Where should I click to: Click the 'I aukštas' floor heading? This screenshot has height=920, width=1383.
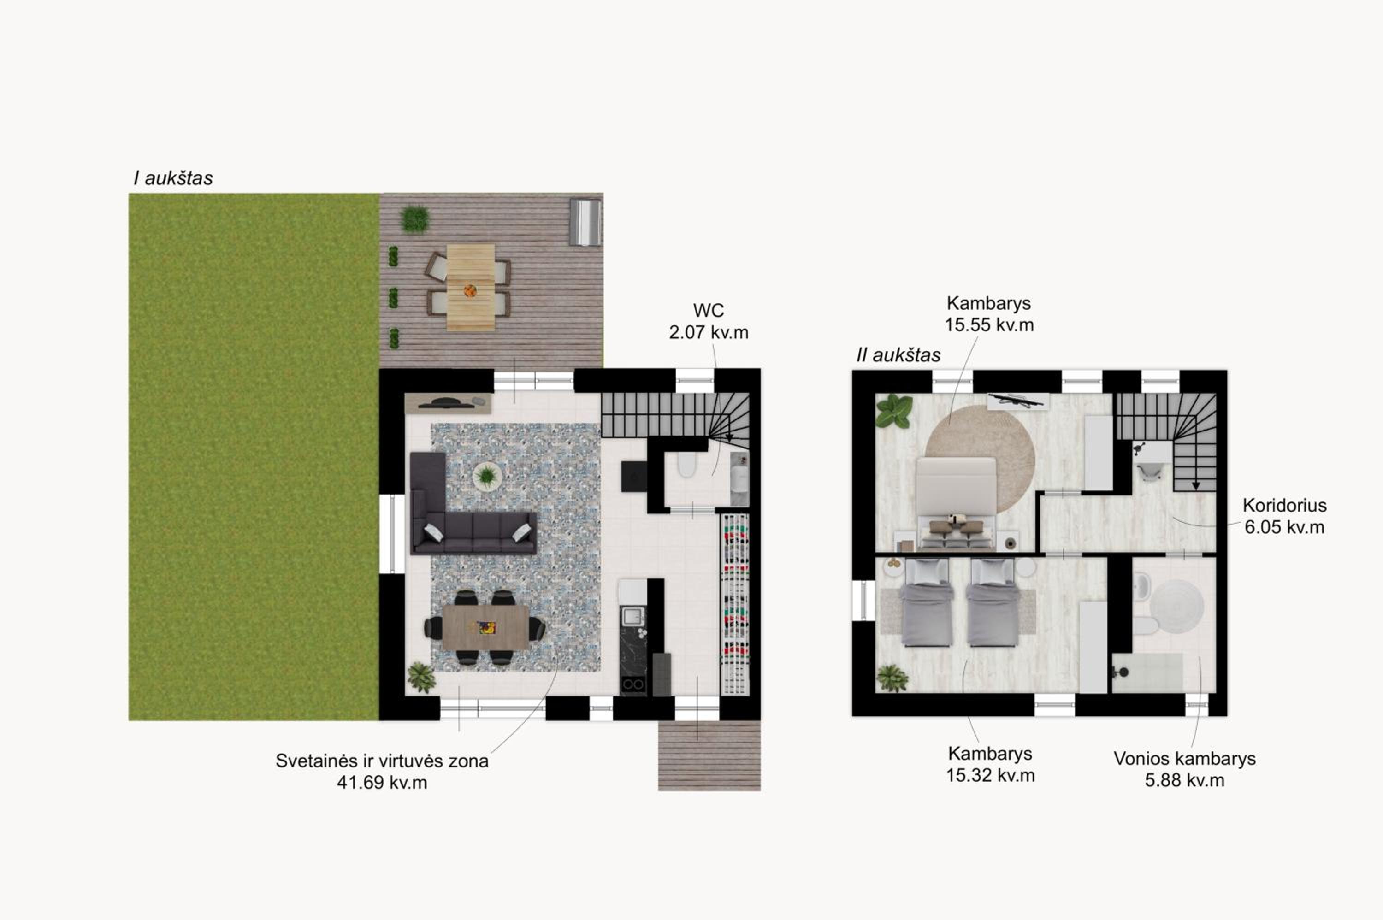tap(173, 178)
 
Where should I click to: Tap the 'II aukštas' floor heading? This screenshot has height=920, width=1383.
tap(898, 355)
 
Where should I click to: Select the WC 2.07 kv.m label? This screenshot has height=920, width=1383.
tap(709, 322)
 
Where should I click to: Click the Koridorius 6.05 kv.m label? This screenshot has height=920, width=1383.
tap(1284, 516)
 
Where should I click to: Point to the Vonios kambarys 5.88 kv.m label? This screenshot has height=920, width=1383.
tap(1185, 769)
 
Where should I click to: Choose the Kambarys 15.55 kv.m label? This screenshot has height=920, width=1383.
tap(989, 314)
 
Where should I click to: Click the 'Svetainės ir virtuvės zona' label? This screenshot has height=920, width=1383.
tap(382, 761)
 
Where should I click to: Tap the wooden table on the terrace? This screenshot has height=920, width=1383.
tap(471, 288)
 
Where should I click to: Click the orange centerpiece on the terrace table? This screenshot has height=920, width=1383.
tap(470, 290)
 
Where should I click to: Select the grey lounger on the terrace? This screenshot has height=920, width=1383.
tap(585, 222)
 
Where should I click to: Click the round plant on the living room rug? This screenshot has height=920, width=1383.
tap(486, 477)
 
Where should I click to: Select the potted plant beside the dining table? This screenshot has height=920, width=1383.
tap(421, 677)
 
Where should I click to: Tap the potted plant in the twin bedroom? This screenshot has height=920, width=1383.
tap(892, 678)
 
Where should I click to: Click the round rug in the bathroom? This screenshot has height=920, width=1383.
tap(1176, 607)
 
